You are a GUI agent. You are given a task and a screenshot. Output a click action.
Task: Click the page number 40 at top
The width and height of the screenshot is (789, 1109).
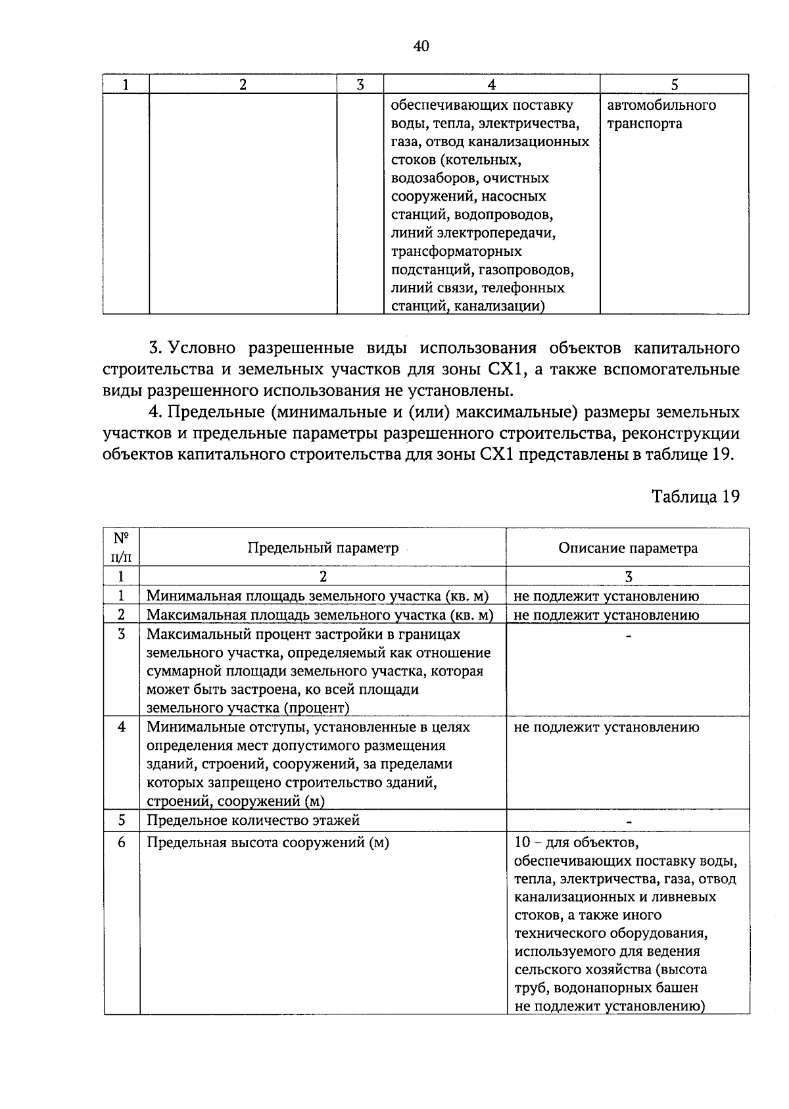(x=421, y=45)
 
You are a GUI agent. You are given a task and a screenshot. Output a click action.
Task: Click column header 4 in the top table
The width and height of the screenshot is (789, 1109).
(x=491, y=84)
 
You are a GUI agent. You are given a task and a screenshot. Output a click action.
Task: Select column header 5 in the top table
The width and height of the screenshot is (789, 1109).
(x=674, y=84)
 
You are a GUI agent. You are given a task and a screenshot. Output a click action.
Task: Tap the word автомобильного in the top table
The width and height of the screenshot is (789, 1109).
(x=661, y=105)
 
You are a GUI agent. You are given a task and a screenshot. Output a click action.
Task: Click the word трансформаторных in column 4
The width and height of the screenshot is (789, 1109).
(x=456, y=251)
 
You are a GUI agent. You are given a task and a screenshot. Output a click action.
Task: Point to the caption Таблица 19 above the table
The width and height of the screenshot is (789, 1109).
(x=695, y=496)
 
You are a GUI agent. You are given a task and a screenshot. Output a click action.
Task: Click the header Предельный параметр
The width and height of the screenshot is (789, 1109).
(x=323, y=548)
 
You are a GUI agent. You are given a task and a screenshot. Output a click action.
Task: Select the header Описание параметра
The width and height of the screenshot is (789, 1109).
(x=628, y=548)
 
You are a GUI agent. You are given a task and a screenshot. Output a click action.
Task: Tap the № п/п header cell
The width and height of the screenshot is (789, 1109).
(x=122, y=547)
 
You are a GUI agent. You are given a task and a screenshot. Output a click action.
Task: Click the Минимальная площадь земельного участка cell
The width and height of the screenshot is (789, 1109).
(x=318, y=596)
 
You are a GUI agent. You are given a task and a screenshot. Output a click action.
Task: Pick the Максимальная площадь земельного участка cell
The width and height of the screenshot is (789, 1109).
(x=320, y=615)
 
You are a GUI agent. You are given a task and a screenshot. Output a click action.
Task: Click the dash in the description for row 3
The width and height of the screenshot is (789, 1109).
(x=629, y=636)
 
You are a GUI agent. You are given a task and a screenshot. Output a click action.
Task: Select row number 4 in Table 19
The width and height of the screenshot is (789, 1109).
(x=122, y=727)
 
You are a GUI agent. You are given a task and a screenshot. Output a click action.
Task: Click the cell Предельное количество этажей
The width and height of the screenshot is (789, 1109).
(x=253, y=820)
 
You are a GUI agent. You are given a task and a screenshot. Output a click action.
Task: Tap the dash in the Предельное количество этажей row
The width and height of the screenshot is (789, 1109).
(x=629, y=822)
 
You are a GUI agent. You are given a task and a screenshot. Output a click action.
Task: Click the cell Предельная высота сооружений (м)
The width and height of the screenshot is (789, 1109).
(x=268, y=843)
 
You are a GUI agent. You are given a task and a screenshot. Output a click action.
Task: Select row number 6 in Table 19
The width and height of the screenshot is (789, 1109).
(x=122, y=843)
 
